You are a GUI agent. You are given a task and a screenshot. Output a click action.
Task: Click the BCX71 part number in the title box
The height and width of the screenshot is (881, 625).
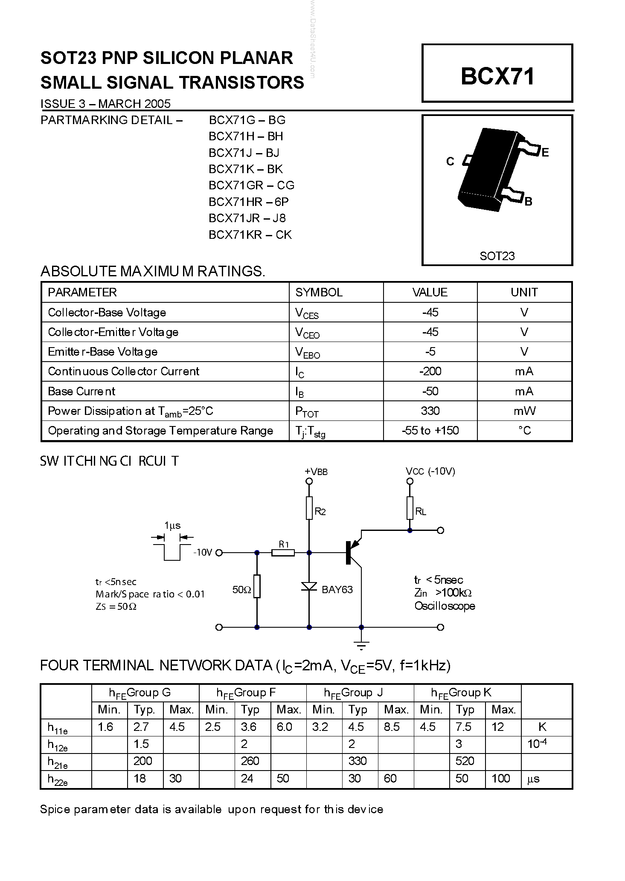497,77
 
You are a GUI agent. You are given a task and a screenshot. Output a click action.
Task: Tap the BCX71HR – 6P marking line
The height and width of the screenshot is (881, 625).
249,202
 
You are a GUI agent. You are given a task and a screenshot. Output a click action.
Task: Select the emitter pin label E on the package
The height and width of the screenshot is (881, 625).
545,152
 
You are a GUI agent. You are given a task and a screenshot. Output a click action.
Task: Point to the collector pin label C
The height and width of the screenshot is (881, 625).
450,162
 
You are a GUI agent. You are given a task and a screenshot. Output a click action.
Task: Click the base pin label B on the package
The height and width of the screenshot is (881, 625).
528,201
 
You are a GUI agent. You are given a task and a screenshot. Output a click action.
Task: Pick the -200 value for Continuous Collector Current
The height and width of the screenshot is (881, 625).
430,371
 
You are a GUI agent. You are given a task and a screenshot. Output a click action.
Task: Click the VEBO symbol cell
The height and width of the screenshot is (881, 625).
307,352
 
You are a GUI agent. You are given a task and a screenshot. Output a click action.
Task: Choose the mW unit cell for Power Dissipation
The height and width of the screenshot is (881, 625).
524,411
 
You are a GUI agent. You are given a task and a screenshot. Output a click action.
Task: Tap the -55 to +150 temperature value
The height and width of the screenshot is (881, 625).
430,431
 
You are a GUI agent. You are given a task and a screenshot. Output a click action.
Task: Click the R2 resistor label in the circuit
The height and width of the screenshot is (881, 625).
320,512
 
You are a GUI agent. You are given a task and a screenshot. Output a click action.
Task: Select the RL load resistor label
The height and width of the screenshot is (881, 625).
421,512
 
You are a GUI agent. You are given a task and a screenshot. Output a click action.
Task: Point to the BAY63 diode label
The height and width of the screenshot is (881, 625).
337,590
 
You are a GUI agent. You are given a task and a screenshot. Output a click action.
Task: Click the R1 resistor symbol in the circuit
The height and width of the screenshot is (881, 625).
283,553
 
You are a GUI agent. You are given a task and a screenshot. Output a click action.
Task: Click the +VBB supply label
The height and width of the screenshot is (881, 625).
316,472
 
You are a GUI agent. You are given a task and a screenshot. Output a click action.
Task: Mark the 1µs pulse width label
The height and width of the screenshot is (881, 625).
172,525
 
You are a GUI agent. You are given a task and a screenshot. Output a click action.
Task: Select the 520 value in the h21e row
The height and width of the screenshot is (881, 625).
465,761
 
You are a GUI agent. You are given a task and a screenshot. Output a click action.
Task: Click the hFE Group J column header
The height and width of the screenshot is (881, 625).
353,693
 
